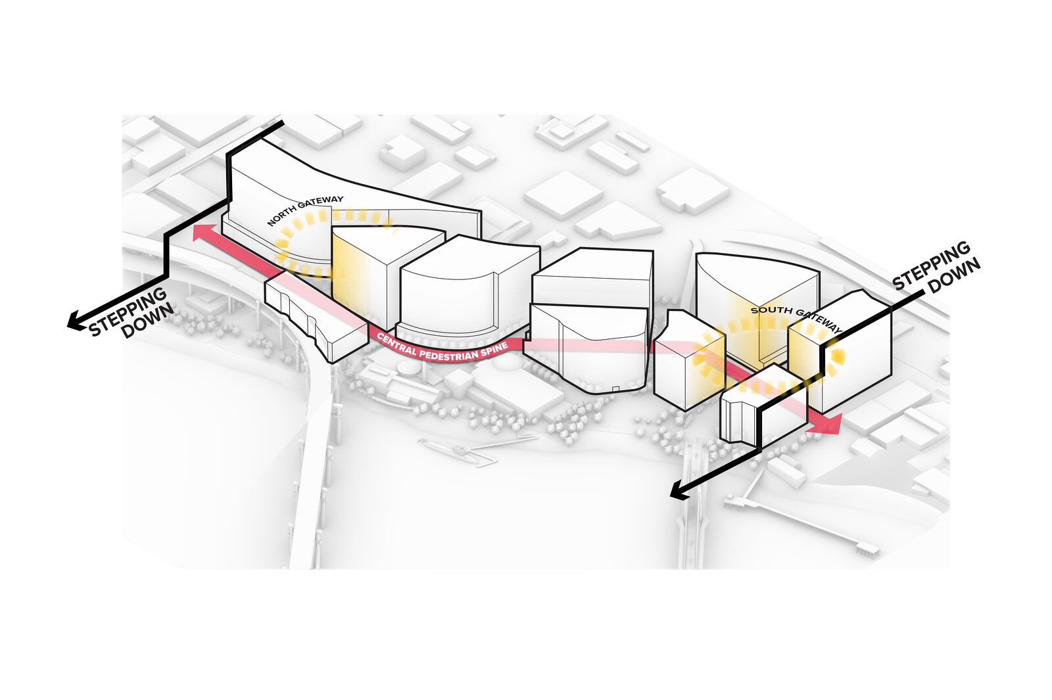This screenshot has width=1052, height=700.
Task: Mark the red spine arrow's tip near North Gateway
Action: [x=193, y=229]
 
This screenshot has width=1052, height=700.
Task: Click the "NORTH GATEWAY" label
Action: [x=305, y=210]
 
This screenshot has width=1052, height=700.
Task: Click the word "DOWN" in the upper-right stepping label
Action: [x=954, y=276]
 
